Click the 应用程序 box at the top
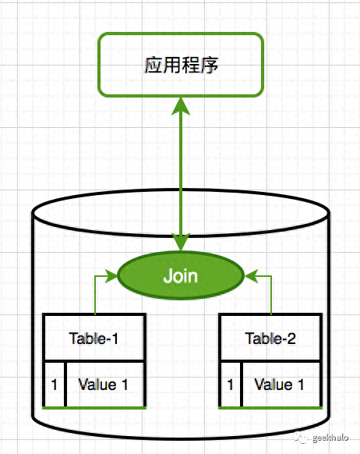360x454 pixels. [x=181, y=64]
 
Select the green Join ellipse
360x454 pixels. [x=180, y=276]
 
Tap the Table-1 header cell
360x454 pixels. [x=94, y=338]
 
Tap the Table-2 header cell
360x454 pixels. [x=270, y=338]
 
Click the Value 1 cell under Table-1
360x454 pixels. [x=105, y=385]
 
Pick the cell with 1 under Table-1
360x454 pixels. [x=54, y=385]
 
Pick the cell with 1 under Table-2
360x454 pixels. [x=230, y=385]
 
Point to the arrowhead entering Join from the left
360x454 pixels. [x=111, y=276]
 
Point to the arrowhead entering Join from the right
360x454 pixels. [x=250, y=276]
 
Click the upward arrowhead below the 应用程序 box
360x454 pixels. [x=181, y=105]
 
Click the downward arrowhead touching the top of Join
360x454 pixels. [x=181, y=242]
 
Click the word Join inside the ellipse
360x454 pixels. [x=180, y=276]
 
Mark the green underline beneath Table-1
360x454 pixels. [x=94, y=408]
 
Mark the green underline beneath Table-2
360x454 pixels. [x=270, y=408]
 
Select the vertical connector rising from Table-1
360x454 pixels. [x=94, y=296]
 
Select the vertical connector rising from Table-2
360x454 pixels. [x=270, y=296]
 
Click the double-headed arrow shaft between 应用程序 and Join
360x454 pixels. [x=181, y=172]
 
